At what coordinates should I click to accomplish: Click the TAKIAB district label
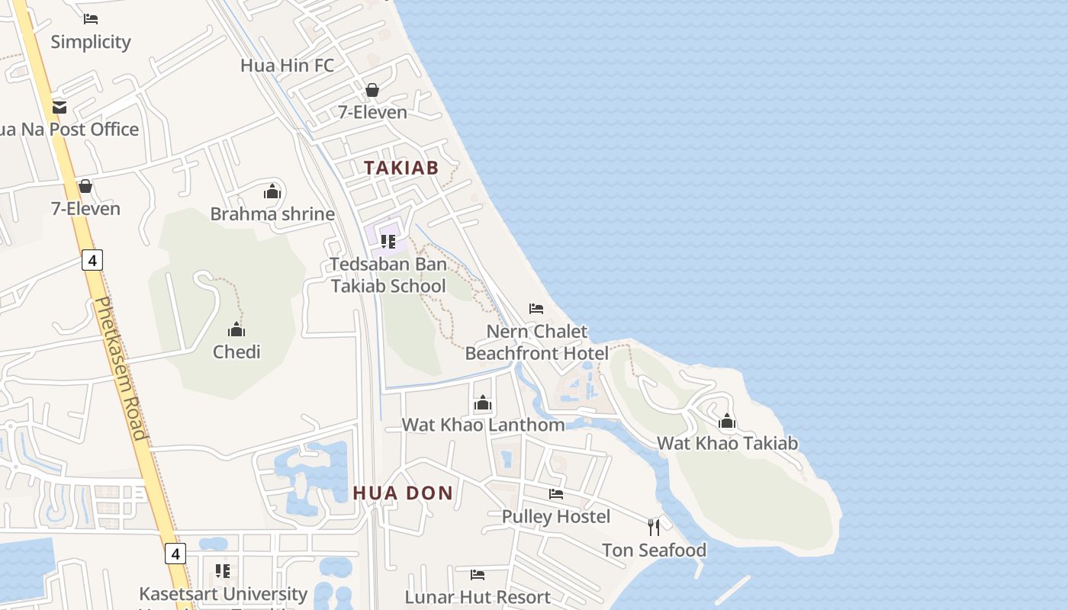[401, 168]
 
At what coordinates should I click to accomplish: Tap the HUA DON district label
[403, 493]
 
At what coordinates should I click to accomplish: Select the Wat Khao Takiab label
[727, 443]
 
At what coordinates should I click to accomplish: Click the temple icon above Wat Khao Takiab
[727, 421]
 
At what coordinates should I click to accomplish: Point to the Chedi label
[236, 352]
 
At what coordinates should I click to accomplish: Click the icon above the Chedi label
[236, 329]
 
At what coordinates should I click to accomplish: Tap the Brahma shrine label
[272, 213]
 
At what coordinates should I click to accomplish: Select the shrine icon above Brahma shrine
[272, 191]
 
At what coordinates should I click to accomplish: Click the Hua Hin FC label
[287, 66]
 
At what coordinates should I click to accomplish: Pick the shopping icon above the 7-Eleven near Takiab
[372, 90]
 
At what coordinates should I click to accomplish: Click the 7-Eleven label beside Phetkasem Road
[85, 208]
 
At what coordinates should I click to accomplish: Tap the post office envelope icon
[60, 107]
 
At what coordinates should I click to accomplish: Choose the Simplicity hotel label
[91, 42]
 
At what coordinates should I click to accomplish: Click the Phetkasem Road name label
[120, 368]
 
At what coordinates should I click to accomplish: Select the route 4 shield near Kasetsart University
[175, 554]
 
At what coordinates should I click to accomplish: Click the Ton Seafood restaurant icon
[654, 527]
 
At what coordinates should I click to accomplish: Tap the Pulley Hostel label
[555, 516]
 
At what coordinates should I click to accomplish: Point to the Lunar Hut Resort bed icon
[478, 574]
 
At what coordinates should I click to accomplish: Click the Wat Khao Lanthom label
[483, 425]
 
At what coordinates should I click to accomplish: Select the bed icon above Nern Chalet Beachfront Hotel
[536, 309]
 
